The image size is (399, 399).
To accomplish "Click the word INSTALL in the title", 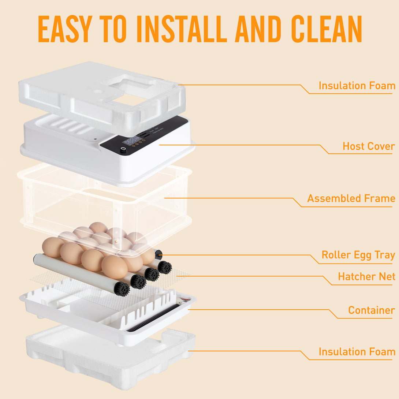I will pos(183,29).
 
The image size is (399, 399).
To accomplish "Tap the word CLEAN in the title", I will pos(326,29).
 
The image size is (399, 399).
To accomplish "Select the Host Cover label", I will pos(369,146).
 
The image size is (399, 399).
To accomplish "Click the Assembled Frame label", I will pos(351,198).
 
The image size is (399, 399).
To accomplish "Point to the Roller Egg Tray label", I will pos(358,255).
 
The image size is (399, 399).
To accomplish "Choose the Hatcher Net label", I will pos(366,276).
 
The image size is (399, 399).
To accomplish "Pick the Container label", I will pos(371,310).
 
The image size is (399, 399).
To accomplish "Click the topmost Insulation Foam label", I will pos(357,86).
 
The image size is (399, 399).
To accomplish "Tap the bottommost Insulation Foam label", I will pos(357,352).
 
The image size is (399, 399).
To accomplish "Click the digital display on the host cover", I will pos(132,141).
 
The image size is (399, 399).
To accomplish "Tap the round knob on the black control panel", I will pos(123,149).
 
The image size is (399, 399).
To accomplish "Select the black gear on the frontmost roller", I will pos(122,289).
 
